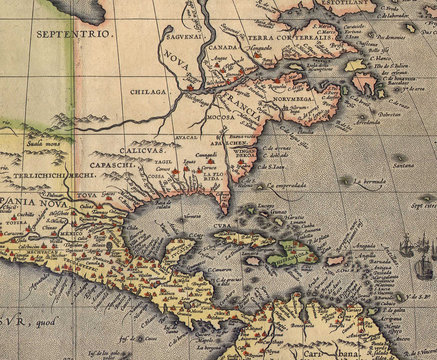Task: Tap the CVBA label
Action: [221, 225]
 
